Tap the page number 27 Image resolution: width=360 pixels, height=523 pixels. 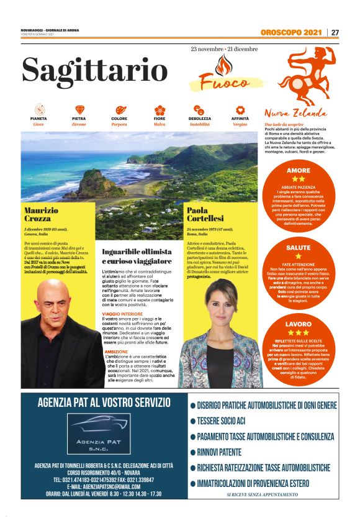click(x=335, y=32)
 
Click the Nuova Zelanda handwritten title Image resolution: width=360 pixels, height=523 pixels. click(x=295, y=114)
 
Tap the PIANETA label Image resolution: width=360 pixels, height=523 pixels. click(x=38, y=118)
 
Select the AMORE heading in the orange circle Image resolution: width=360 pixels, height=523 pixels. click(x=298, y=170)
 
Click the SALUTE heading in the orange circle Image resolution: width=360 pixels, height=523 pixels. click(x=298, y=247)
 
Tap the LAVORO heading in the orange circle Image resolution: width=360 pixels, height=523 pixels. click(x=298, y=324)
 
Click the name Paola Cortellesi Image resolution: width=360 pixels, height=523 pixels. click(x=206, y=215)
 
